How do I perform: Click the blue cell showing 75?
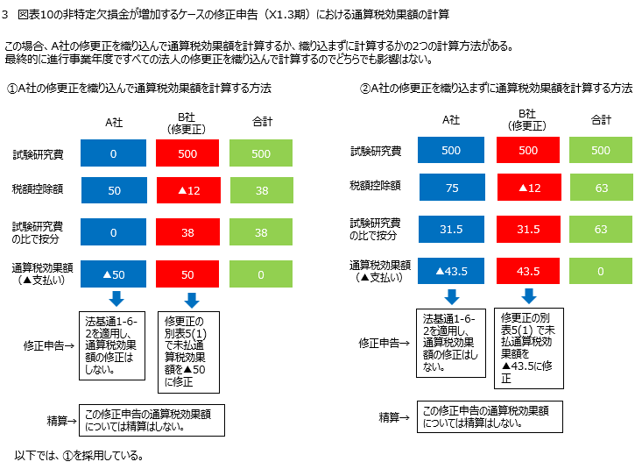(x=451, y=188)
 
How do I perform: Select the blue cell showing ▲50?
(x=114, y=274)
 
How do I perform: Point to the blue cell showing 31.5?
(x=451, y=229)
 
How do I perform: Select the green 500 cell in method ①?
(x=261, y=153)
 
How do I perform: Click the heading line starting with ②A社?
(x=496, y=89)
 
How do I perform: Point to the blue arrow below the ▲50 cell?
(x=114, y=300)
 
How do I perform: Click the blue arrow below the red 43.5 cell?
(x=528, y=296)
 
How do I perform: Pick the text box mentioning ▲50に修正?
(x=187, y=352)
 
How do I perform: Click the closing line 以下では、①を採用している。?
(x=79, y=456)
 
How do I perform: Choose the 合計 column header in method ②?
(x=601, y=119)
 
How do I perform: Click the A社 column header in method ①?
(x=114, y=123)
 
